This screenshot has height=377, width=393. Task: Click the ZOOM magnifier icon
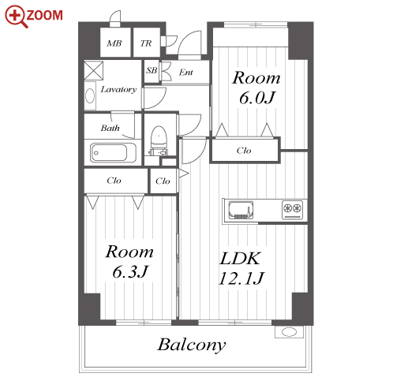click(17, 17)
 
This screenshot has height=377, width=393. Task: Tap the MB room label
click(114, 43)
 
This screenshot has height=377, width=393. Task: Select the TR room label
click(146, 43)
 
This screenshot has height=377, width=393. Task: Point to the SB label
click(152, 70)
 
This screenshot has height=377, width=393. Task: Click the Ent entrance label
click(186, 72)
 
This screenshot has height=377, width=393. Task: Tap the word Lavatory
click(118, 90)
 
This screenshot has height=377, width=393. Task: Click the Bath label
click(110, 128)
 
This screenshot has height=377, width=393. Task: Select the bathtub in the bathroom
click(114, 153)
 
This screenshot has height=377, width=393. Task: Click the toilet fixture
click(159, 140)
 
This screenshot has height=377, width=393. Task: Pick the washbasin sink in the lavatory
click(90, 96)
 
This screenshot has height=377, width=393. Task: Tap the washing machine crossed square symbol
click(94, 70)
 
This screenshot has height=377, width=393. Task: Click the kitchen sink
click(241, 210)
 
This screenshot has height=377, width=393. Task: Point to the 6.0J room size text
click(257, 98)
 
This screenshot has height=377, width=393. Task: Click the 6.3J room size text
click(130, 271)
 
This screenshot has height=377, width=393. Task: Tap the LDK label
click(240, 259)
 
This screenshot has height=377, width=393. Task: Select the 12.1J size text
click(241, 278)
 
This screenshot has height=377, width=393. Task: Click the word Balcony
click(192, 345)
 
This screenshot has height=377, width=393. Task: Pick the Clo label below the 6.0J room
click(244, 151)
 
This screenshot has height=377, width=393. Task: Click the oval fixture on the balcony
click(289, 332)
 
